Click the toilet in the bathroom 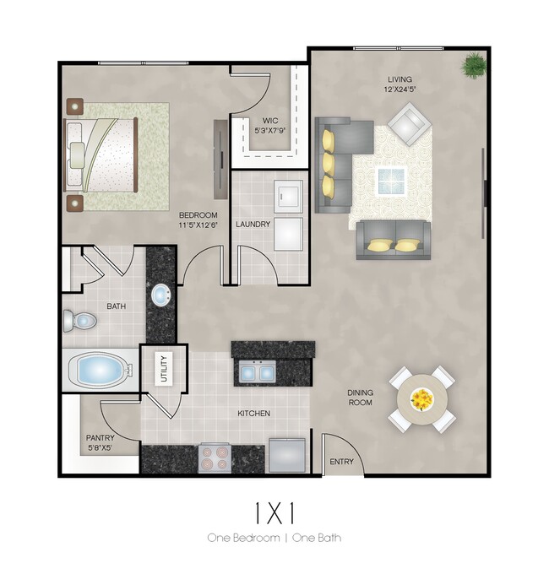pos(79,321)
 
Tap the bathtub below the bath pos(99,369)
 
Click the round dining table pos(421,399)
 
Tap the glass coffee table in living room pos(391,180)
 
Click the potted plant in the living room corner pos(474,63)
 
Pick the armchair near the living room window pos(410,124)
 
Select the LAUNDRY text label pos(253,225)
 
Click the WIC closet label pos(270,120)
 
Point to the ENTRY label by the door pos(341,462)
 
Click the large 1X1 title pos(274,512)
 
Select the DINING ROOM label pos(360,398)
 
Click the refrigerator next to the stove pos(287,457)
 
